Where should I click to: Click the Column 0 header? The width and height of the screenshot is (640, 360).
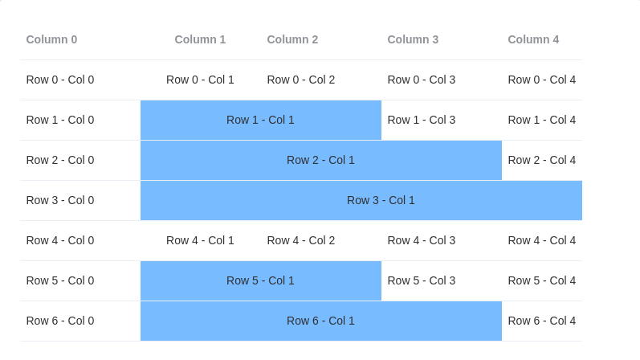tap(52, 39)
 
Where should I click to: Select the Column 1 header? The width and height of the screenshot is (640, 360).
tap(200, 39)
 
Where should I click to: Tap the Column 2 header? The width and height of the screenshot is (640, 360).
tap(293, 39)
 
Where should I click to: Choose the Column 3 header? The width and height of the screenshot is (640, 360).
tap(413, 39)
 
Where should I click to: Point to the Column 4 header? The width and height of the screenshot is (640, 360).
tap(533, 39)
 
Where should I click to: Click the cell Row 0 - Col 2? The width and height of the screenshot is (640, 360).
tap(301, 80)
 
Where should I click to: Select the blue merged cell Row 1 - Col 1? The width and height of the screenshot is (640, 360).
tap(260, 120)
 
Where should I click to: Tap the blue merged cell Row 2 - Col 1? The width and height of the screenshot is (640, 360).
tap(320, 160)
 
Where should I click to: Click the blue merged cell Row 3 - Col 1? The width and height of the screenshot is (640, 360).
tap(361, 200)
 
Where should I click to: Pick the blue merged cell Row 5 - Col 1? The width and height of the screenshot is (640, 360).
tap(260, 280)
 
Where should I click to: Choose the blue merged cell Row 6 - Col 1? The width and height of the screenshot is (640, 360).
tap(320, 321)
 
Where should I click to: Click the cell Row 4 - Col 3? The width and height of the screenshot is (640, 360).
tap(422, 240)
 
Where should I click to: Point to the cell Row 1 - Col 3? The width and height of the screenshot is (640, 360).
tap(422, 120)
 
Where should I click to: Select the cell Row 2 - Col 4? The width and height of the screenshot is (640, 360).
tap(541, 160)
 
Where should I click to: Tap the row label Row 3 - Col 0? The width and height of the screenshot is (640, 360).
tap(60, 200)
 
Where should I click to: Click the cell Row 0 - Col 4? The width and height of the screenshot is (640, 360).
tap(541, 80)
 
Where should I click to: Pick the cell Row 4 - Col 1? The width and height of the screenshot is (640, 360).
tap(200, 240)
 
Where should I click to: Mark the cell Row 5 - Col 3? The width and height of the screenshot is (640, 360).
tap(422, 280)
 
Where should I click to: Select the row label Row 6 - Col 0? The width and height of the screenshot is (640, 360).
tap(60, 321)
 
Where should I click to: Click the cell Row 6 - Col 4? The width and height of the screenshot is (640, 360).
tap(541, 321)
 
